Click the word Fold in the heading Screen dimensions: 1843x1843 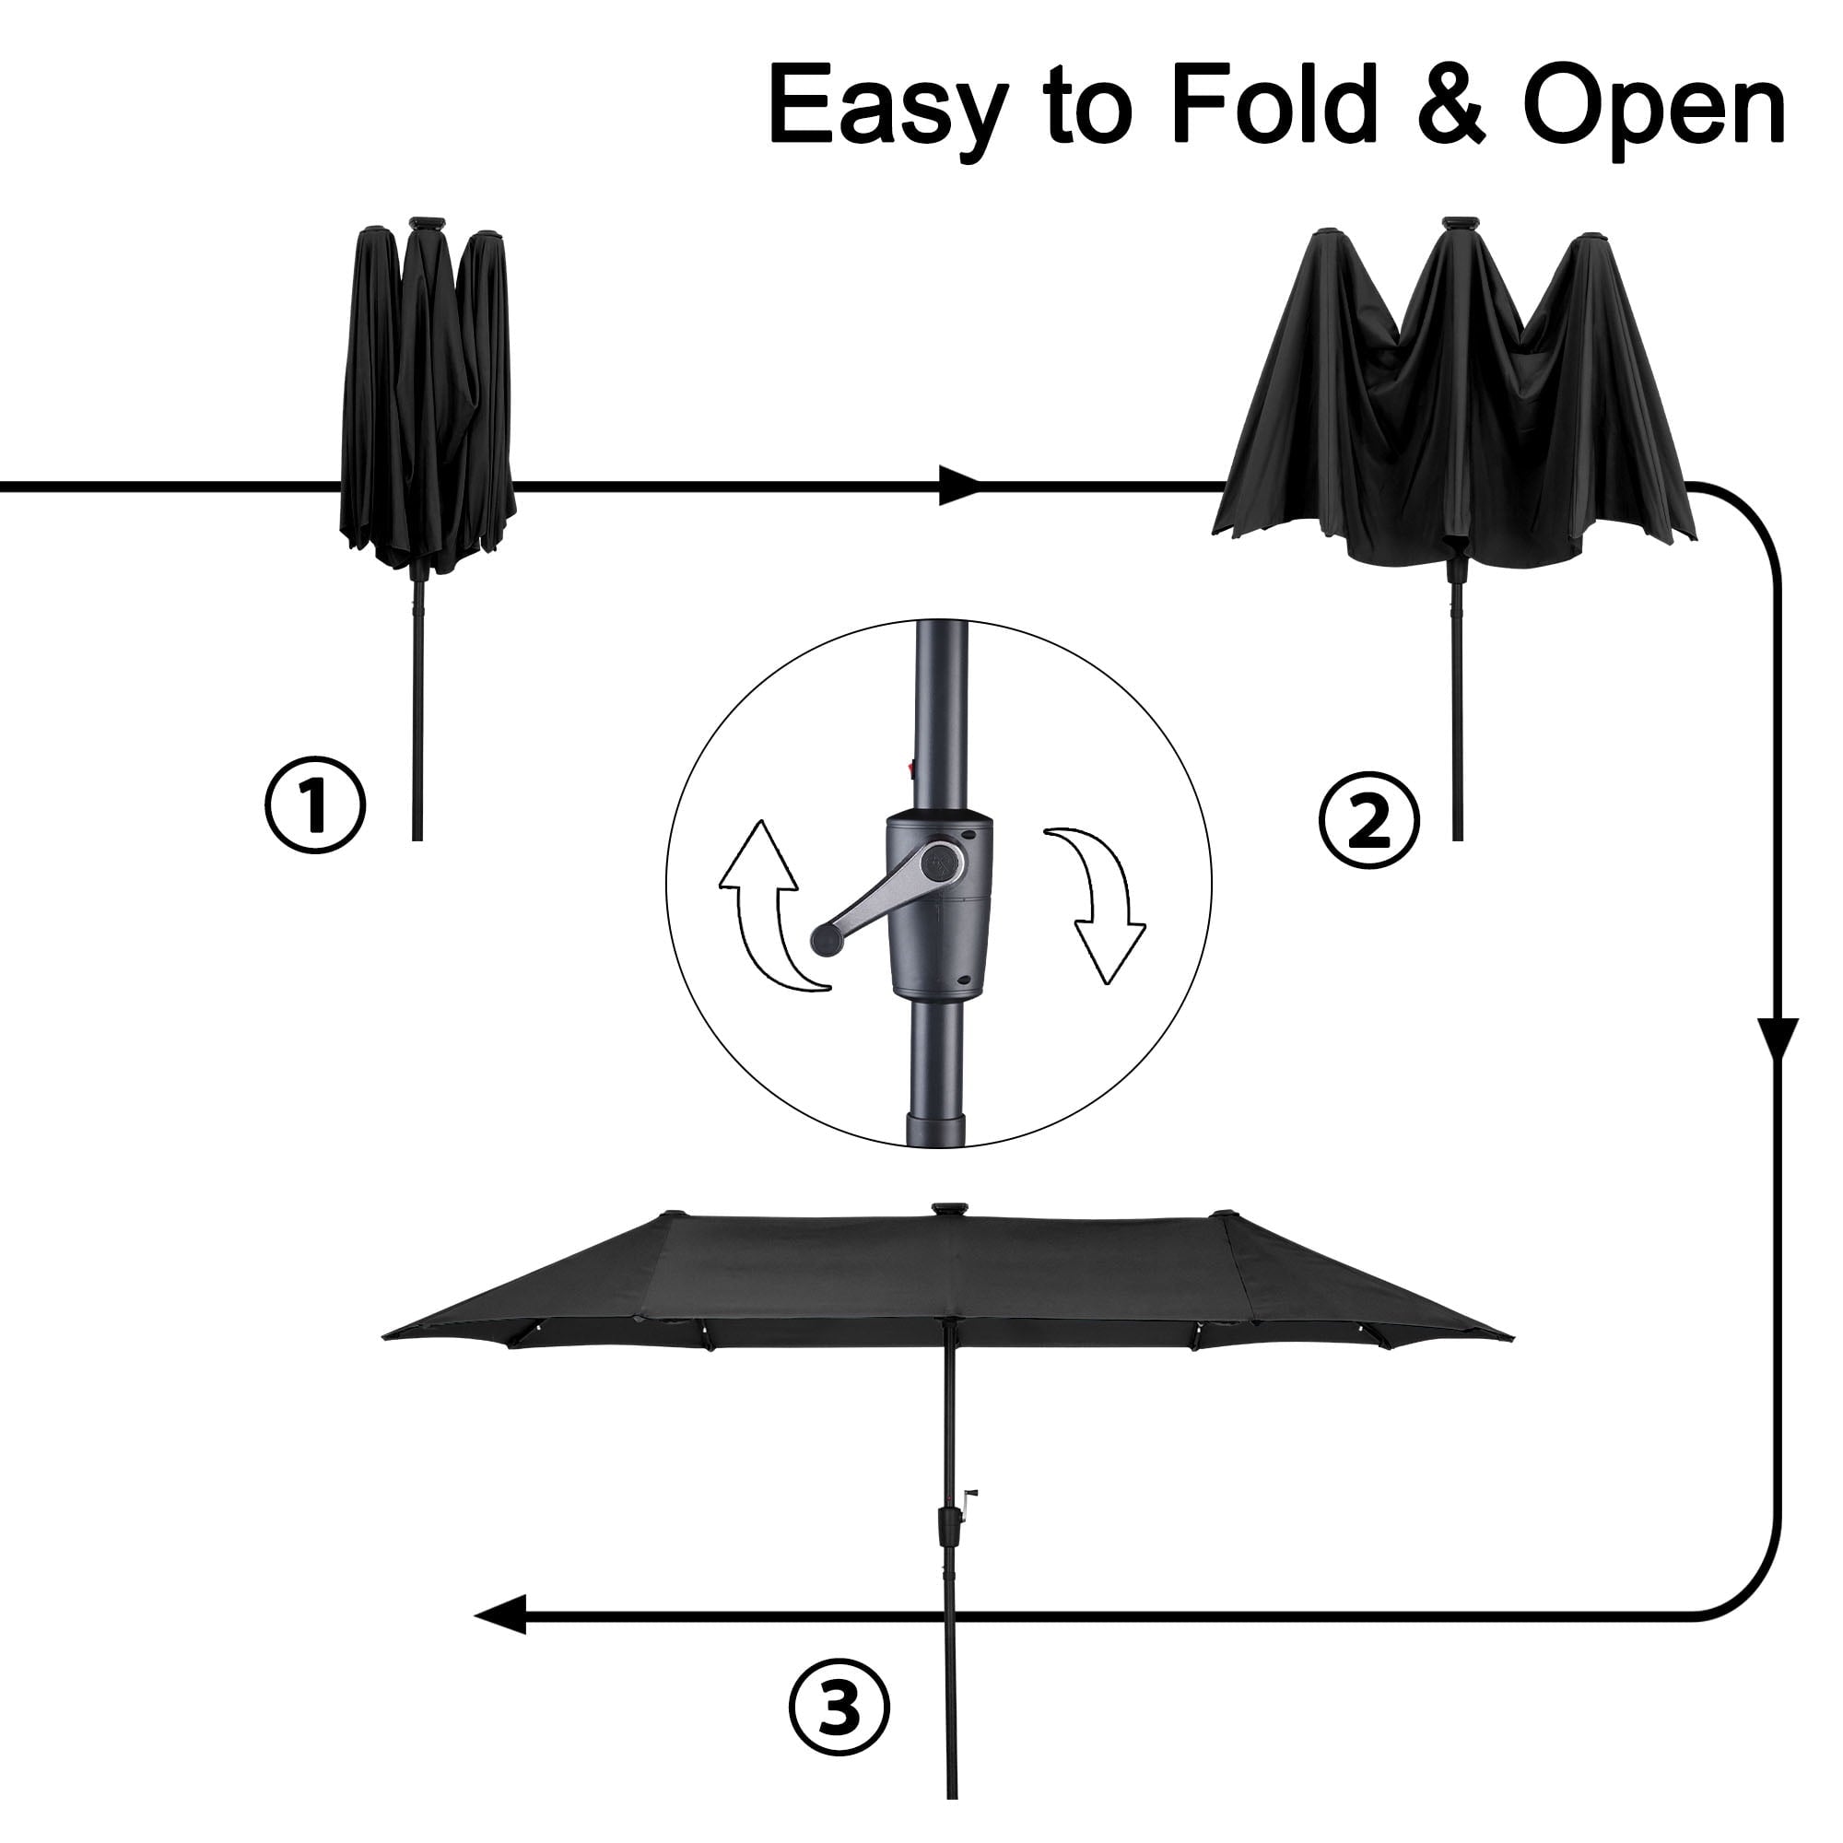coord(1274,102)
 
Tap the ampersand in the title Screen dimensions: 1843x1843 coord(1450,103)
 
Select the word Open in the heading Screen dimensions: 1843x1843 coord(1655,109)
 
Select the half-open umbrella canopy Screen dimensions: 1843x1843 coord(1459,393)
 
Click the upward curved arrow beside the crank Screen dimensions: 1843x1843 coord(774,906)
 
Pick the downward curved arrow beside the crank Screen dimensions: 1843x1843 coord(1096,906)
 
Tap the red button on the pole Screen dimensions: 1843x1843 coord(911,765)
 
